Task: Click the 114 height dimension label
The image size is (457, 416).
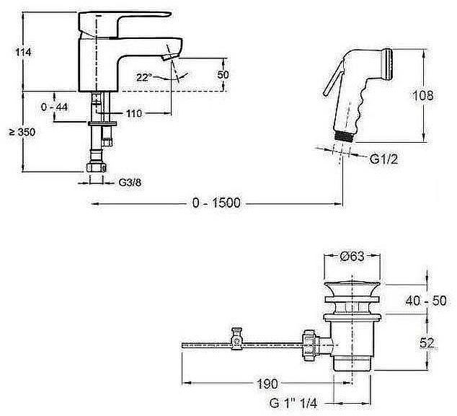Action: [x=23, y=53]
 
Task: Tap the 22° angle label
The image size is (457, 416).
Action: [x=144, y=77]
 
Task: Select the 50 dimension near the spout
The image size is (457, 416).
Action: [x=223, y=75]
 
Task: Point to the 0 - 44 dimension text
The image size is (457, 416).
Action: [x=55, y=107]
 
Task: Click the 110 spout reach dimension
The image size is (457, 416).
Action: [x=134, y=113]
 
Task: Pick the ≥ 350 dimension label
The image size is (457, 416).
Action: [x=22, y=132]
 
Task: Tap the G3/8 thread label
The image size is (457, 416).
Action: [x=130, y=183]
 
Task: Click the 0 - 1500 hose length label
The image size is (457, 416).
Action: [x=216, y=203]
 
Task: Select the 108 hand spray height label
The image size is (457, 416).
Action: [x=423, y=96]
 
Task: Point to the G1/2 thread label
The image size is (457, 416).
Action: [x=384, y=159]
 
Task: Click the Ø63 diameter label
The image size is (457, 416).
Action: [x=352, y=256]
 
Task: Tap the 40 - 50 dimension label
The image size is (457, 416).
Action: [x=426, y=301]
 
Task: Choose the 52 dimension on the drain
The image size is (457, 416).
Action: [x=427, y=343]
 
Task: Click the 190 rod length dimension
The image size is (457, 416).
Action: [x=267, y=384]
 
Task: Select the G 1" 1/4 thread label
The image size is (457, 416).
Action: [x=293, y=404]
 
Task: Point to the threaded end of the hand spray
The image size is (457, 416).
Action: [x=345, y=136]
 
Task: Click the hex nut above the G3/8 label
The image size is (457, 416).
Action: [x=97, y=167]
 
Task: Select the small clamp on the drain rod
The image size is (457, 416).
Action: [x=236, y=338]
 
